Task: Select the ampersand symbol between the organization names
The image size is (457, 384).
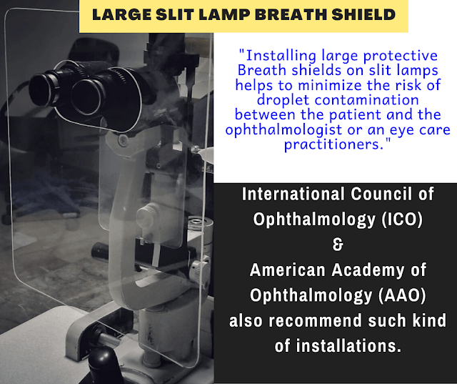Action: [x=338, y=245]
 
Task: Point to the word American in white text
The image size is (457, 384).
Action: [x=291, y=270]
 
